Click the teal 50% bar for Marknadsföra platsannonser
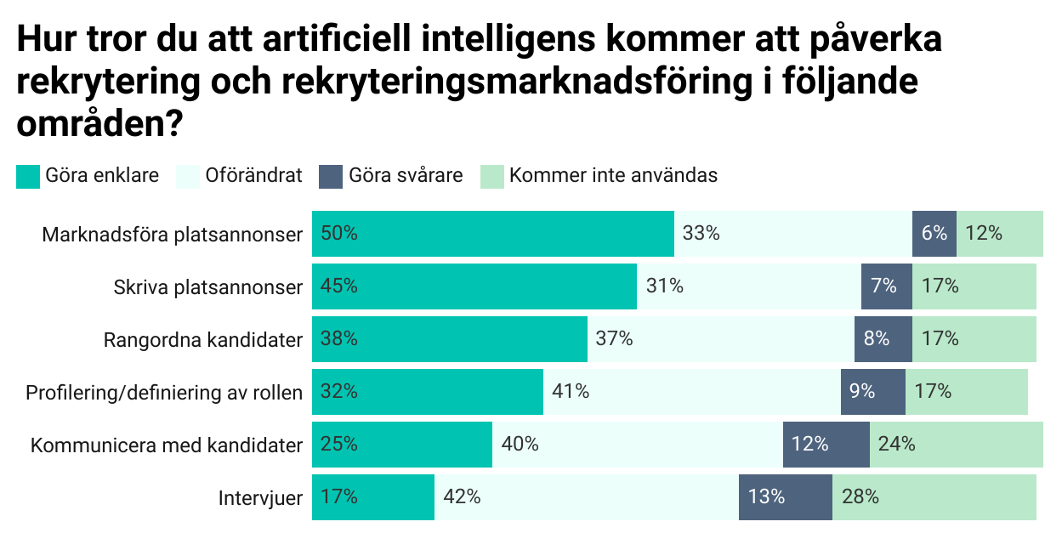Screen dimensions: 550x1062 (493, 234)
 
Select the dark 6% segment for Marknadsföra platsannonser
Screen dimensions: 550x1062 (934, 234)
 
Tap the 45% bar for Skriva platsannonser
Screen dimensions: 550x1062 (474, 286)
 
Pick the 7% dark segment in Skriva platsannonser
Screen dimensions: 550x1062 (886, 286)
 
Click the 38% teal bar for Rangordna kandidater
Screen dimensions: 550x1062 (450, 339)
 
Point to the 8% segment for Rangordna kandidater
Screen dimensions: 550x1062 (883, 339)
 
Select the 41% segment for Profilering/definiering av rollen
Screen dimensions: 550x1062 (692, 392)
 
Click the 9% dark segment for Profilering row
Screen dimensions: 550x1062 (872, 392)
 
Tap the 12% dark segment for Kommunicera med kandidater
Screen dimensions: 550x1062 (826, 445)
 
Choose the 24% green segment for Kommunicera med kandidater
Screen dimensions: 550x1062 (956, 445)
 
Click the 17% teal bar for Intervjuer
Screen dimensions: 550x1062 (373, 497)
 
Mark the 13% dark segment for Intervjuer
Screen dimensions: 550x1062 (785, 497)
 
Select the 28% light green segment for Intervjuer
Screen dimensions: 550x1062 (934, 497)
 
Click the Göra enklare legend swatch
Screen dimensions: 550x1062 (28, 177)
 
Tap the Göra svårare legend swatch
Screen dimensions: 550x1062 (331, 177)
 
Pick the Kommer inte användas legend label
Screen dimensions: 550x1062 (613, 176)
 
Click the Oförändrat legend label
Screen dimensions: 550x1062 (253, 176)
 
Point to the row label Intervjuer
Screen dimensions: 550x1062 (260, 498)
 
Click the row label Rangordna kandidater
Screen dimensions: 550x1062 (203, 340)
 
